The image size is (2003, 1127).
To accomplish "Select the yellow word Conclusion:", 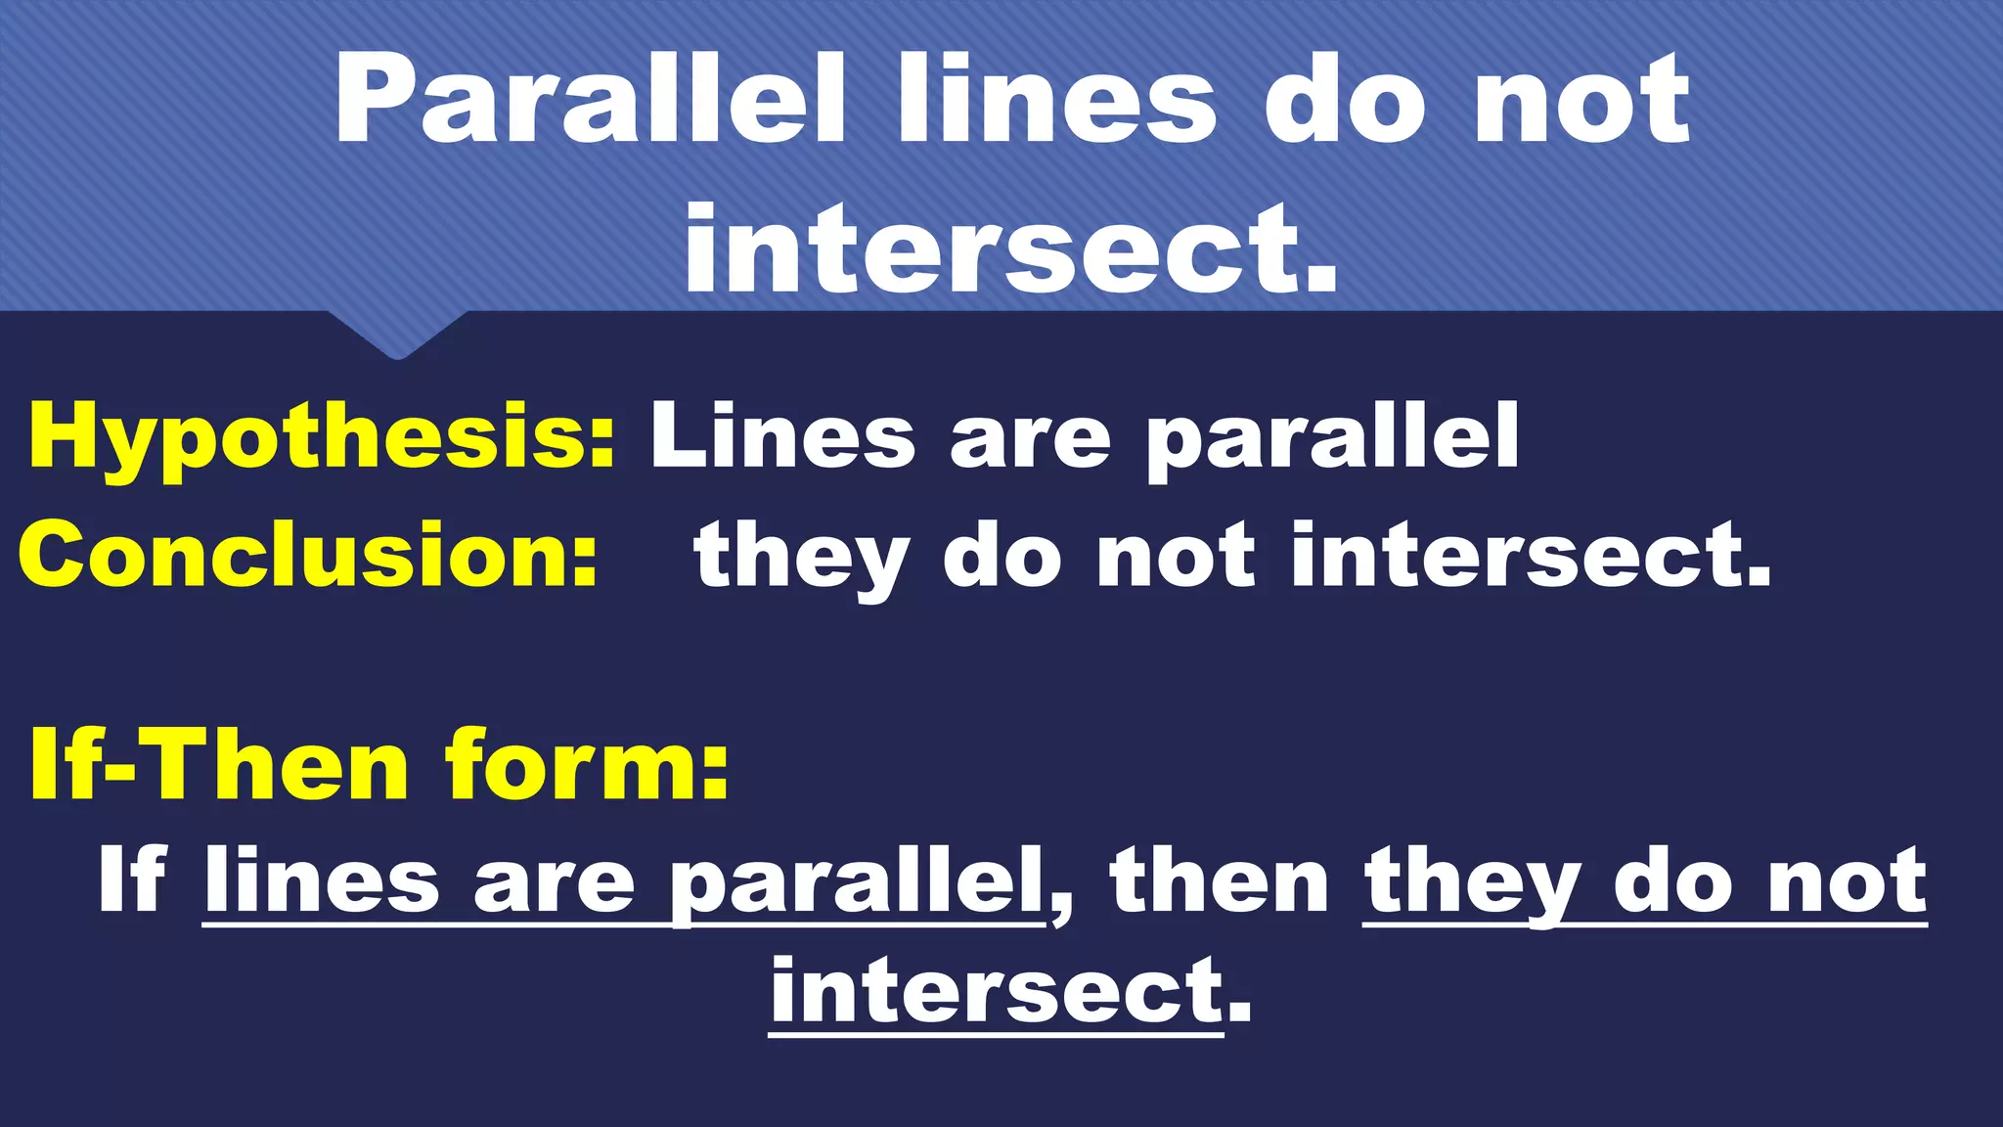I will (x=308, y=554).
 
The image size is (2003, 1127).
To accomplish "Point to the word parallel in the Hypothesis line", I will (x=1332, y=438).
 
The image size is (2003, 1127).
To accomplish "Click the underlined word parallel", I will (x=857, y=882).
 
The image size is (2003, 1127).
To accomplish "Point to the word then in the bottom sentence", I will (x=1220, y=880).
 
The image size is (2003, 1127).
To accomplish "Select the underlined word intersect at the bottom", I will (x=996, y=991).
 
